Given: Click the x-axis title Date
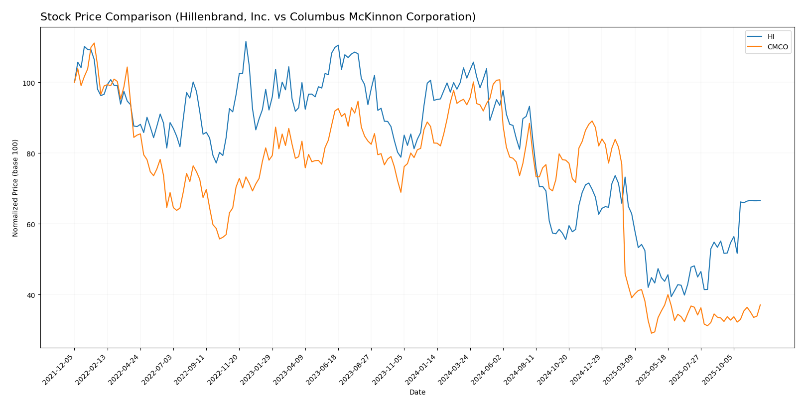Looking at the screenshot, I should click(417, 393).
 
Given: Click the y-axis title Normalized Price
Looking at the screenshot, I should click(15, 188).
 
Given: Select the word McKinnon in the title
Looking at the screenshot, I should click(356, 17).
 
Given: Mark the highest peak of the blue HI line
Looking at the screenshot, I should click(246, 41).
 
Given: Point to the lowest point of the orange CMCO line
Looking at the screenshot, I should click(651, 333).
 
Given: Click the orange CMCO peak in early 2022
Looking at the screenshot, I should click(94, 43).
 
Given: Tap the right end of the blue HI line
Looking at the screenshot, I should click(760, 200).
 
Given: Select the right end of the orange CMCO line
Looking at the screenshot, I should click(760, 305).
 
